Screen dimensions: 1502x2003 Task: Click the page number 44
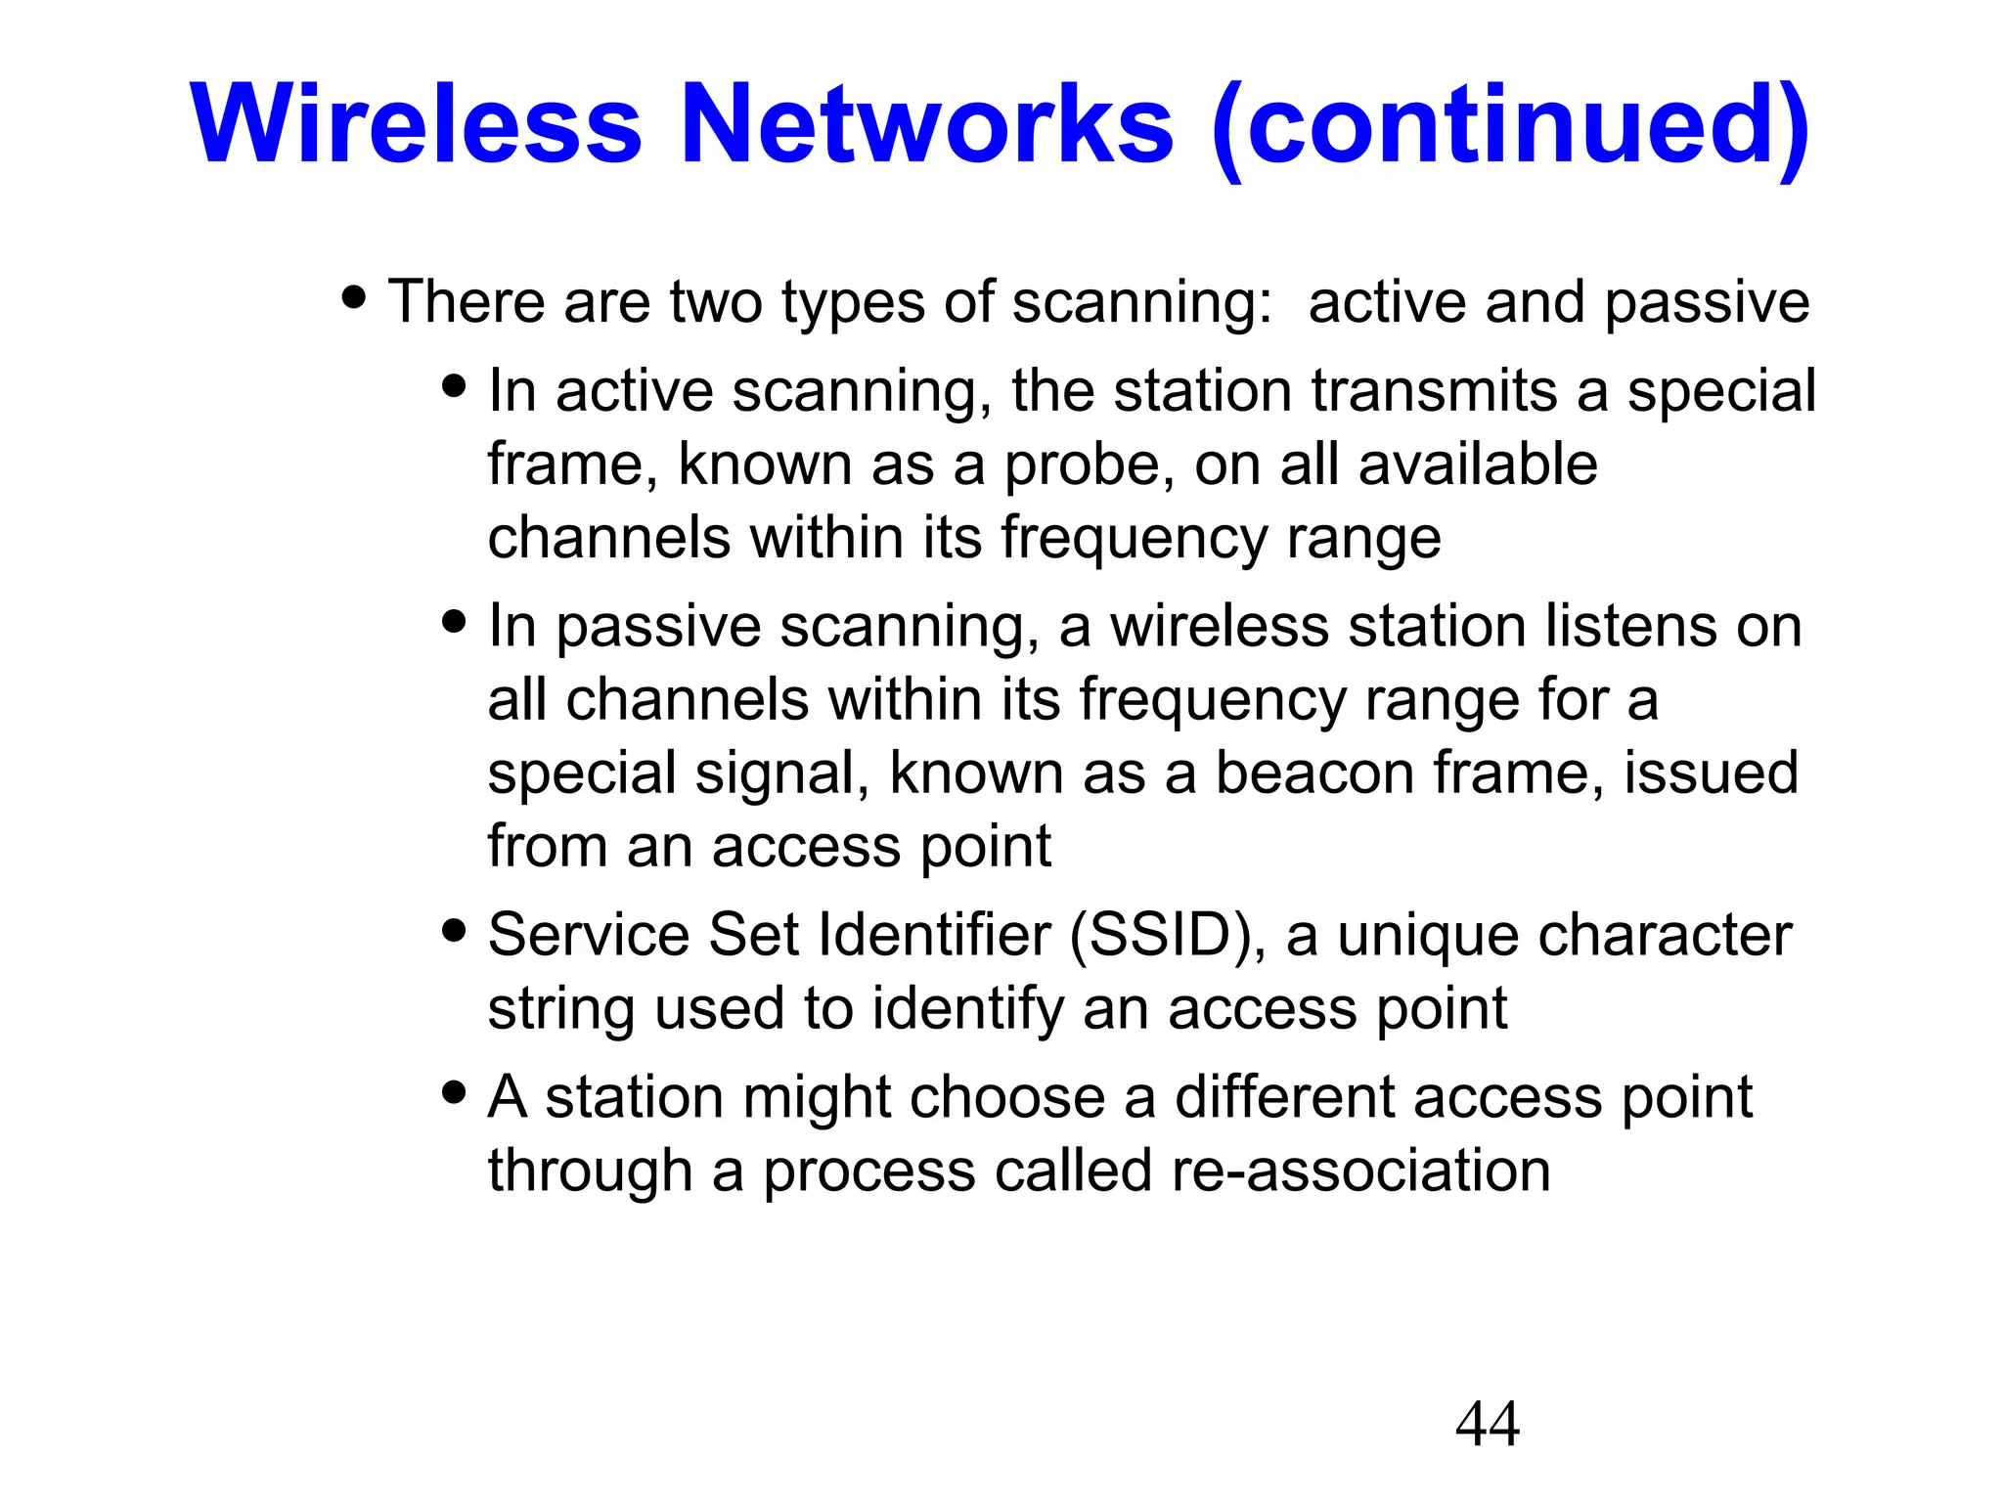(x=1487, y=1424)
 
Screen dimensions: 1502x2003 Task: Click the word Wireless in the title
(x=416, y=125)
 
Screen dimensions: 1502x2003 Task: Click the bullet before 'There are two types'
(x=354, y=296)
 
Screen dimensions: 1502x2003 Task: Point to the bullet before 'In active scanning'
(x=454, y=384)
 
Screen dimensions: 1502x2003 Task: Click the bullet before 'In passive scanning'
(x=454, y=621)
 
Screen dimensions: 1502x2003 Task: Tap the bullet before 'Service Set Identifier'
(x=454, y=929)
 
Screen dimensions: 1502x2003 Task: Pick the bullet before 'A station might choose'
(x=454, y=1091)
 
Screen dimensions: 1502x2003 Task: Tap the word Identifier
(x=934, y=934)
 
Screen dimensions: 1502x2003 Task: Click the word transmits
(x=1434, y=391)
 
